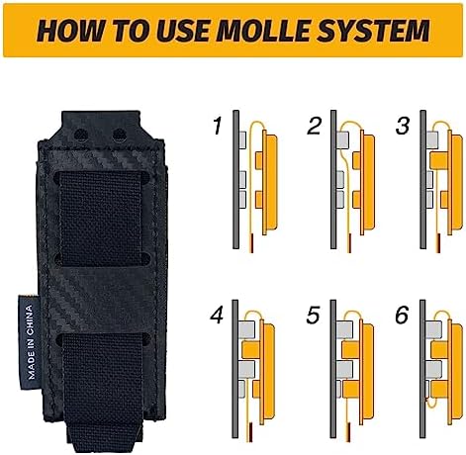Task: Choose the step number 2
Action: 316,127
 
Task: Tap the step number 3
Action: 402,127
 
